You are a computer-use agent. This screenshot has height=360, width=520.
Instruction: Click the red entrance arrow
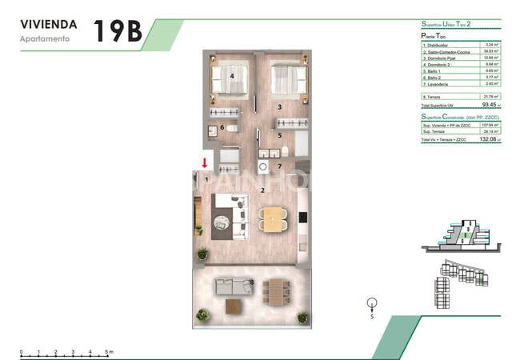[x=205, y=163]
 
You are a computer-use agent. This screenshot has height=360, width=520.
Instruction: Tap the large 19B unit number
[x=118, y=30]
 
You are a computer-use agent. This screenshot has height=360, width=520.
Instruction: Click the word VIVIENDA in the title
[x=48, y=24]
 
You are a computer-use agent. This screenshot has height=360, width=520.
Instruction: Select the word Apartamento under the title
[x=45, y=38]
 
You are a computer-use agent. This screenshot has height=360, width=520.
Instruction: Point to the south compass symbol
[x=371, y=305]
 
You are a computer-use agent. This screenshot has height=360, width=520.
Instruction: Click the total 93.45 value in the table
[x=489, y=103]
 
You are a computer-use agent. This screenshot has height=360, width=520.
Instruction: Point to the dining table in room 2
[x=274, y=219]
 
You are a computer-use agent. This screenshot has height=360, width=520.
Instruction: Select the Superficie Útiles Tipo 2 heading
[x=451, y=26]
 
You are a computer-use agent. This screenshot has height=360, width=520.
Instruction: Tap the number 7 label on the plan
[x=279, y=166]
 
